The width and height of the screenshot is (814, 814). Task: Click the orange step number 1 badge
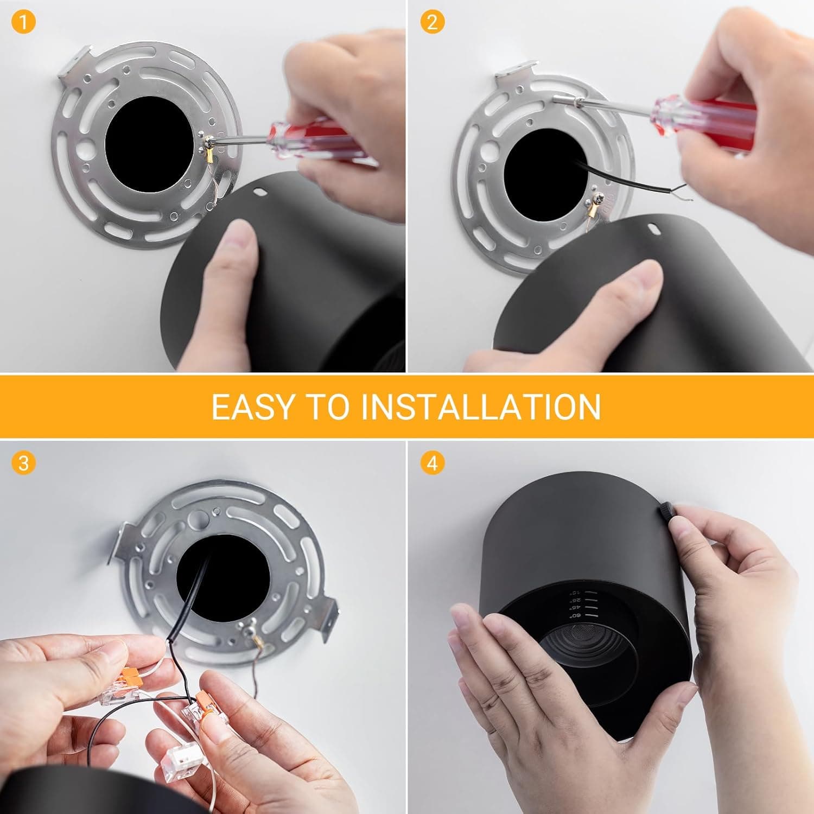pyautogui.click(x=23, y=23)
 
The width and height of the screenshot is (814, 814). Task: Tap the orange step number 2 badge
pyautogui.click(x=432, y=23)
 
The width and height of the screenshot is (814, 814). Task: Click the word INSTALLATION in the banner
pyautogui.click(x=481, y=406)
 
